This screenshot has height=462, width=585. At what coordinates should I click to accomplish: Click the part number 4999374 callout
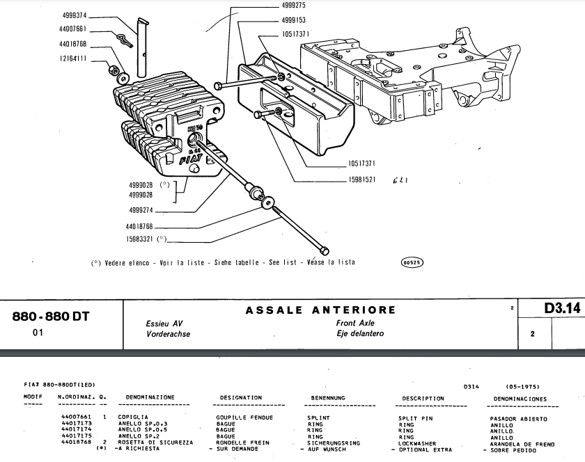click(x=72, y=14)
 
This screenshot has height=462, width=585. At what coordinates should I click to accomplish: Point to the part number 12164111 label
click(x=72, y=59)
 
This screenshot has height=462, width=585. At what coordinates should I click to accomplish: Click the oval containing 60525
click(x=412, y=263)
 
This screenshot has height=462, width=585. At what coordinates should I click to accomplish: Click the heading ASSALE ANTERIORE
click(x=320, y=310)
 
